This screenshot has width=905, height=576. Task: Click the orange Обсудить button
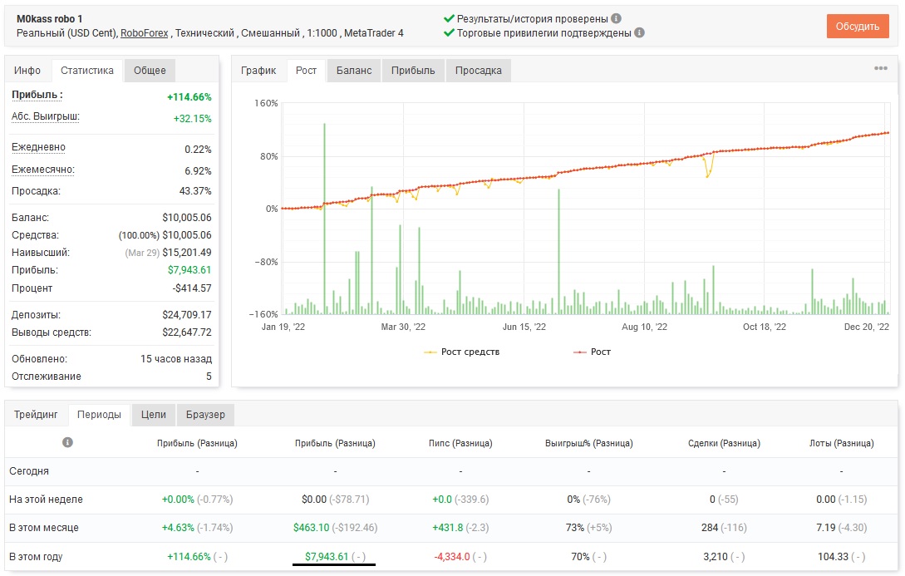[x=857, y=27]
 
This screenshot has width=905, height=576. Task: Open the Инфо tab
[x=27, y=71]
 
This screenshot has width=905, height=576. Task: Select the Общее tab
[x=150, y=71]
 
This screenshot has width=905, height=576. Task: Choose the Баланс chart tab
[x=354, y=71]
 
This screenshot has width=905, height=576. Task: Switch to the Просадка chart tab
[x=478, y=71]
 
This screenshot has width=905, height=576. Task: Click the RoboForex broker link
[x=145, y=33]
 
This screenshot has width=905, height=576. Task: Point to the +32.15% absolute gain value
[x=192, y=118]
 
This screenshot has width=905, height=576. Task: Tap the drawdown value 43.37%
[x=195, y=191]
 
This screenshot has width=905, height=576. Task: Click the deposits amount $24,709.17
[x=186, y=314]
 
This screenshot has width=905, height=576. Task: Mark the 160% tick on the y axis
[x=266, y=103]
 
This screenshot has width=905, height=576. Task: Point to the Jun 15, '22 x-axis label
[x=524, y=327]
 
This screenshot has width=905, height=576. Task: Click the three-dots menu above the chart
[x=881, y=68]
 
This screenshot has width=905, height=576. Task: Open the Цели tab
[x=154, y=415]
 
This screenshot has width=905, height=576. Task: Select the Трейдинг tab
[x=36, y=415]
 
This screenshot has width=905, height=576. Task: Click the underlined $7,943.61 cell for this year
[x=327, y=556]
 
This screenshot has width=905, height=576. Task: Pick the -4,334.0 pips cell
[x=452, y=556]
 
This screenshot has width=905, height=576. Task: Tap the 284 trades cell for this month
[x=710, y=528]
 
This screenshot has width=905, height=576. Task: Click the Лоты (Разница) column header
[x=842, y=443]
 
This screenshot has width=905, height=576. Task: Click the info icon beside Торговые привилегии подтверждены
[x=640, y=33]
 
